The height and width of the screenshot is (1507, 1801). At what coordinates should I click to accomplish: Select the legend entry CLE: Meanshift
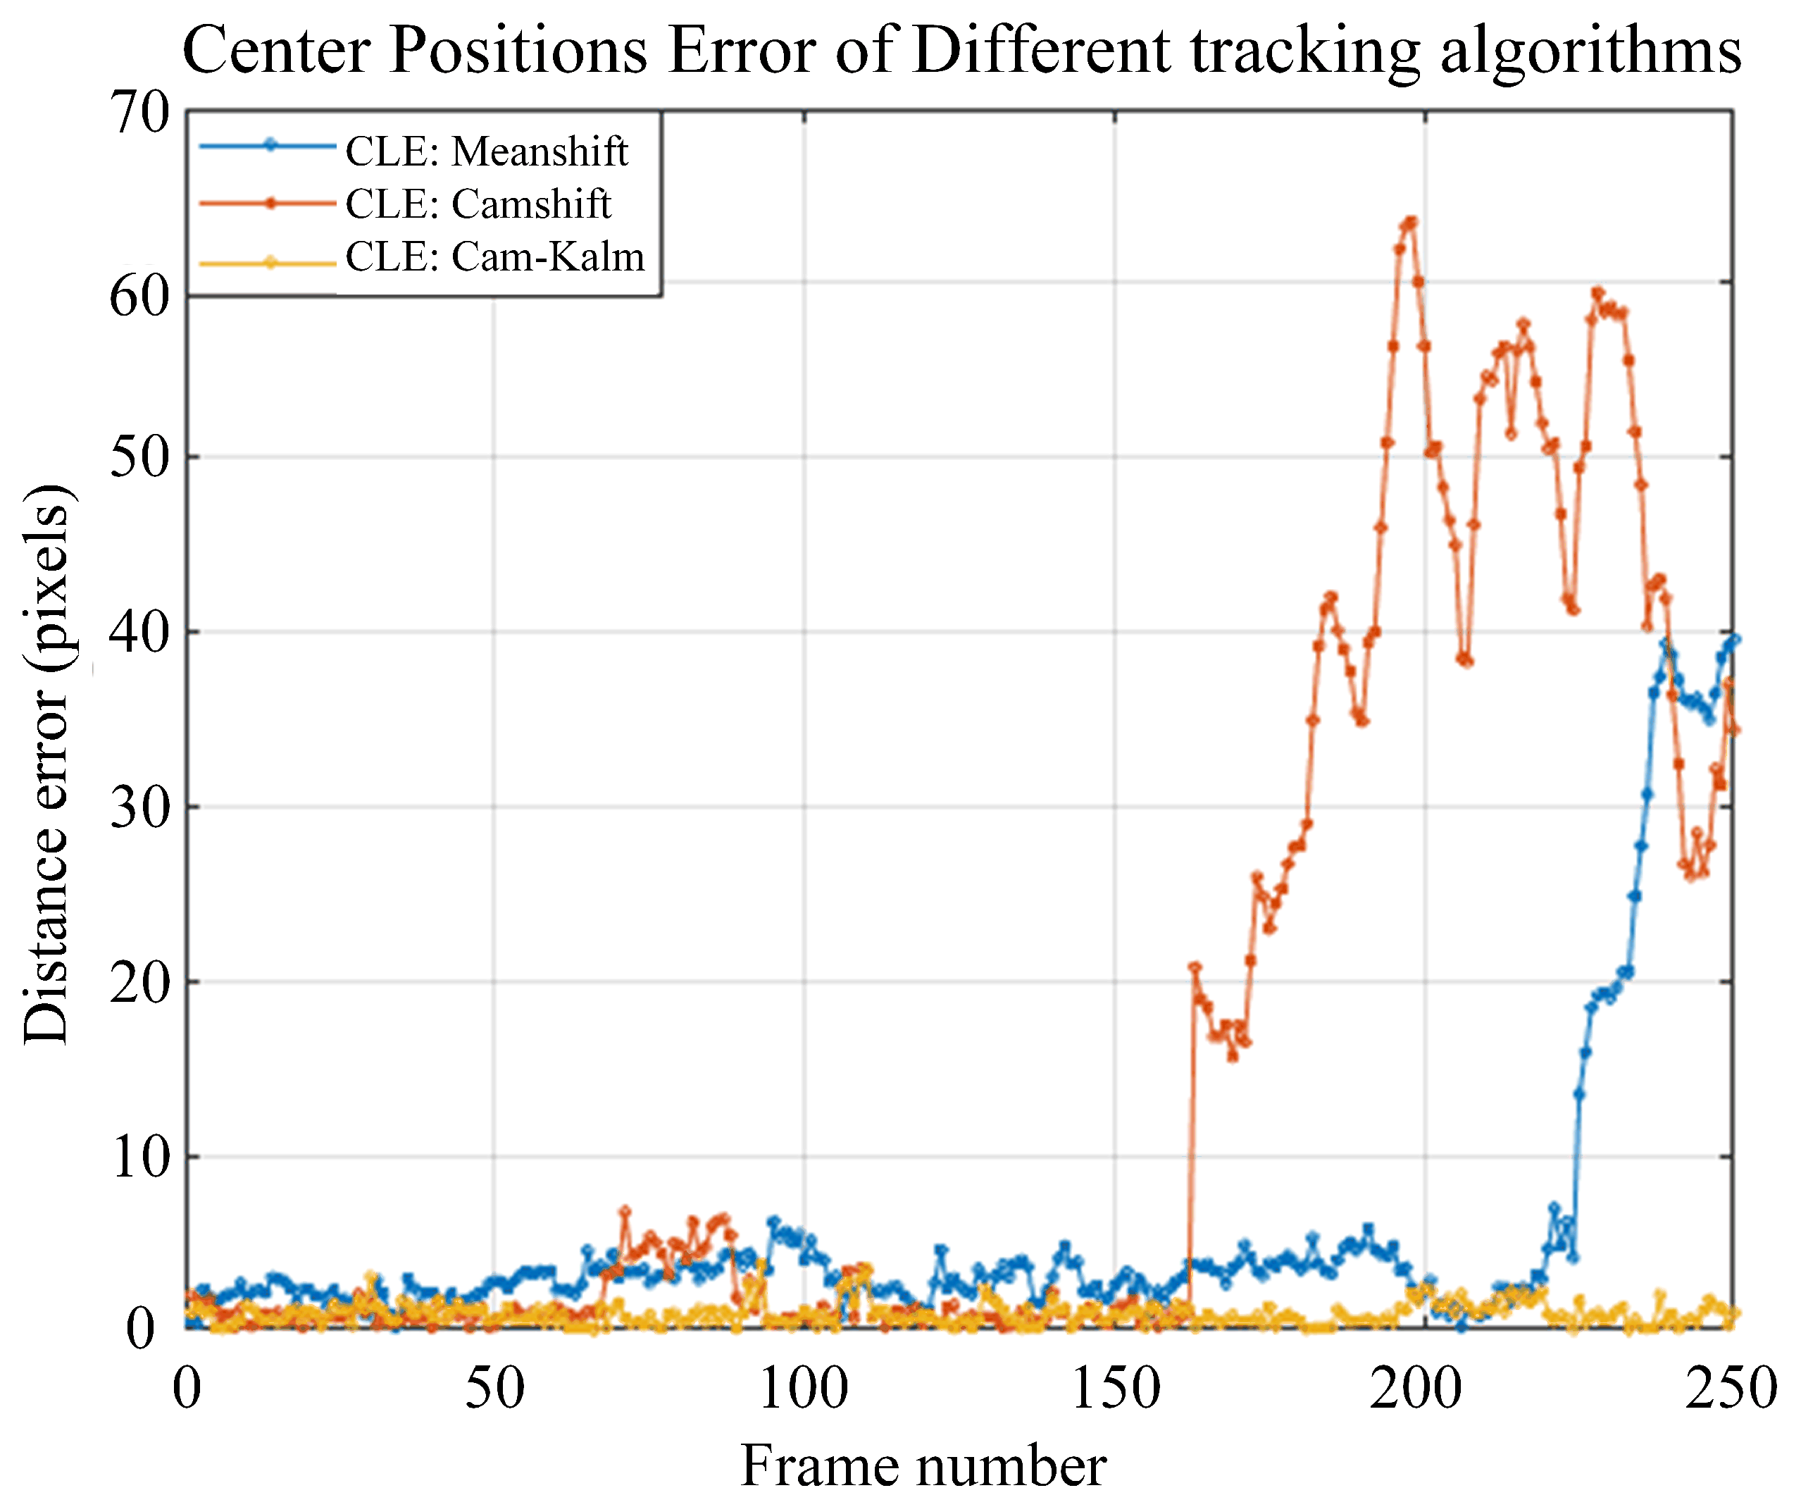coord(485,151)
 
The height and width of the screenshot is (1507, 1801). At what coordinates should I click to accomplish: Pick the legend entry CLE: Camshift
coord(477,204)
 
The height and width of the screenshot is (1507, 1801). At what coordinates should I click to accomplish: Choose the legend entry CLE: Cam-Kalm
coord(494,256)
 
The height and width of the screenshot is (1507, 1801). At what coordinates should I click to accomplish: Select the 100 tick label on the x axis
coord(804,1388)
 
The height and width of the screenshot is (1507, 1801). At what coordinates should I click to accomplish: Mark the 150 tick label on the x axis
coord(1115,1388)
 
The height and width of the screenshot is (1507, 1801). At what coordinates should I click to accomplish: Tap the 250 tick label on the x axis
coord(1731,1388)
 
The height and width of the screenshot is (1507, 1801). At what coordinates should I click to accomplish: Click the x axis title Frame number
coord(923,1466)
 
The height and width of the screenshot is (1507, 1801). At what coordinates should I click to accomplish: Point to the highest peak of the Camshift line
coord(1411,221)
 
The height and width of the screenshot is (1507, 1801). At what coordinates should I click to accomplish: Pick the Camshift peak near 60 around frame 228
coord(1597,292)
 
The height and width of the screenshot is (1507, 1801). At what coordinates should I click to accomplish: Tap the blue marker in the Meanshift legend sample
coord(269,145)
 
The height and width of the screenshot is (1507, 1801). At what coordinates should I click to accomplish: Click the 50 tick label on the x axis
coord(494,1388)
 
